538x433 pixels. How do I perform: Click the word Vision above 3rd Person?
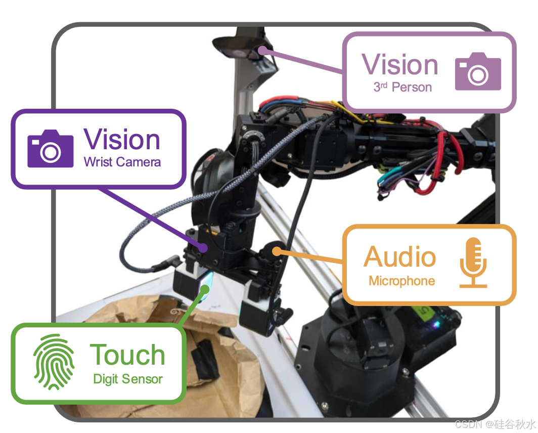pos(400,65)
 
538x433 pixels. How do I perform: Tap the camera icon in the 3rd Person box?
pos(478,72)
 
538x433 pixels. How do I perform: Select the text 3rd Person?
pos(402,88)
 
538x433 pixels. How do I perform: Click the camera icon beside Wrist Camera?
pos(50,149)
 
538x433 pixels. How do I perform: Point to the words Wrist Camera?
pos(122,162)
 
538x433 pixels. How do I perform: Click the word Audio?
pos(399,256)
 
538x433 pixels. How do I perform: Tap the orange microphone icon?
pos(473,263)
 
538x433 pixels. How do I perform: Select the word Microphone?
pos(401,281)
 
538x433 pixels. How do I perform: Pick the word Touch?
pos(127,355)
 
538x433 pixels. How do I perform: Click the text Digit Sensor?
pos(128,379)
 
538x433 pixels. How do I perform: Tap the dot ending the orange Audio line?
pos(277,250)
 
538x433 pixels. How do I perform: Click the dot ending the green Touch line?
pos(205,288)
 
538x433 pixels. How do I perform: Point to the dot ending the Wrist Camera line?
pos(203,248)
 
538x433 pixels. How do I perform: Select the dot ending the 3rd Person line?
pos(262,50)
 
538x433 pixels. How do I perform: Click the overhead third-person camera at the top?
pos(238,49)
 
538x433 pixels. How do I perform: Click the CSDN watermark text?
pos(494,423)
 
